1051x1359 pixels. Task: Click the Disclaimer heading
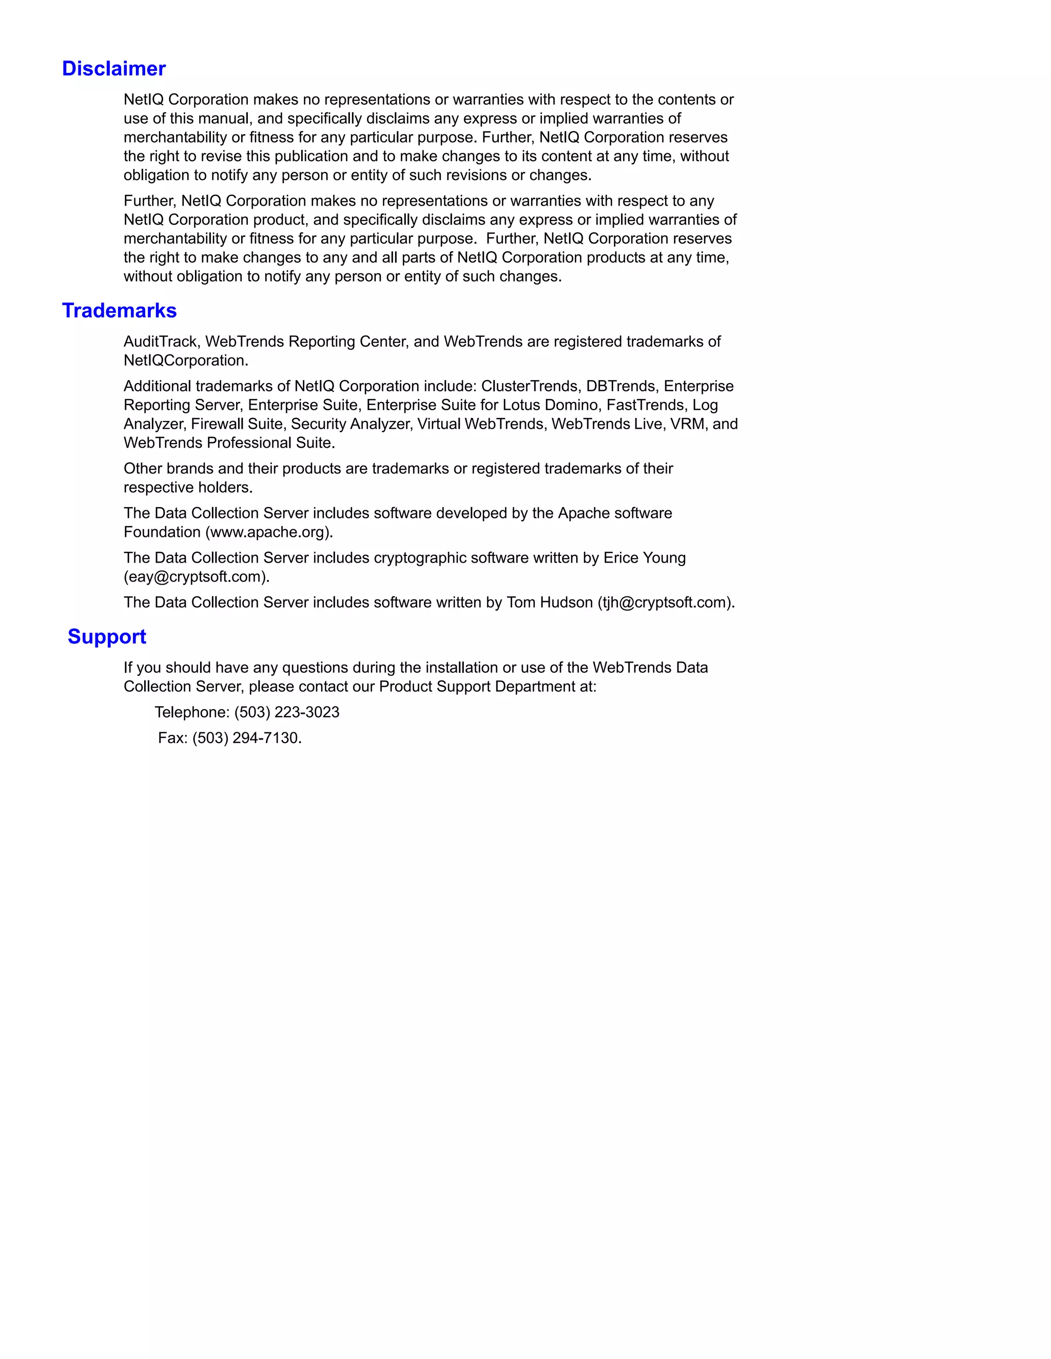pyautogui.click(x=114, y=68)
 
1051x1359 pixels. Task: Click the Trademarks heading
pyautogui.click(x=119, y=310)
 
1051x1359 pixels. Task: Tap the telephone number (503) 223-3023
pyautogui.click(x=287, y=712)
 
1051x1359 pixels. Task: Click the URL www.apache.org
pyautogui.click(x=269, y=532)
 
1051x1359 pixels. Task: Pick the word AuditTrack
pyautogui.click(x=160, y=342)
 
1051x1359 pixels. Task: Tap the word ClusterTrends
pyautogui.click(x=529, y=387)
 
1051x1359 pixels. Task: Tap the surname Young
pyautogui.click(x=665, y=558)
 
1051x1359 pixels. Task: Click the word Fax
pyautogui.click(x=171, y=738)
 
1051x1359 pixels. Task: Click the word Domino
pyautogui.click(x=572, y=405)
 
